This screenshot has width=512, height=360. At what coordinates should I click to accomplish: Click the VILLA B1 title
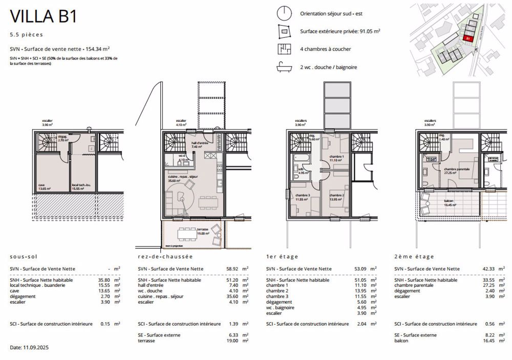[x=44, y=16]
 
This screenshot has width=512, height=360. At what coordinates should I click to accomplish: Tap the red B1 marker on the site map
[x=467, y=37]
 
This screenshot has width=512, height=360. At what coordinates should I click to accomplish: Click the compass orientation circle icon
[x=283, y=13]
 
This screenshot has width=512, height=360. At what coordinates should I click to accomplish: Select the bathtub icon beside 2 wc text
[x=283, y=67]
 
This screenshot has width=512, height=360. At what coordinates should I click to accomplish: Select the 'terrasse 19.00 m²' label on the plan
[x=189, y=231]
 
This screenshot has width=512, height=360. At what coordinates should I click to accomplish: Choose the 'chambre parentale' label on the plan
[x=457, y=171]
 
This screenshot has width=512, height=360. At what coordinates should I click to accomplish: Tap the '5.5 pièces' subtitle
[x=26, y=35]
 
